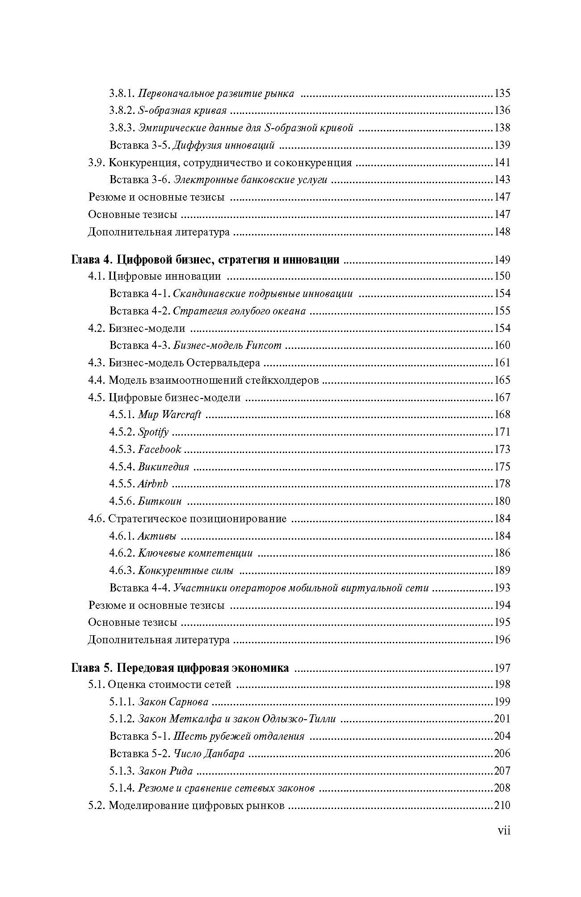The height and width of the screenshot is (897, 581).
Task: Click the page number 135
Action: pos(502,93)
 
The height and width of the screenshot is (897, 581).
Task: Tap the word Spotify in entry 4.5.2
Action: pos(153,432)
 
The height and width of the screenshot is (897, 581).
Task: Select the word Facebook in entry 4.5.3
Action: pos(160,449)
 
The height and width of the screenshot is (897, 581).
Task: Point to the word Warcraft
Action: pos(181,415)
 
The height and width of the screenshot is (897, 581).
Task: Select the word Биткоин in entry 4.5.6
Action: pos(160,501)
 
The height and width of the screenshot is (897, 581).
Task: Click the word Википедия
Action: pos(164,467)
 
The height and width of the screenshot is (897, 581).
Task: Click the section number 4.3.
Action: pos(97,363)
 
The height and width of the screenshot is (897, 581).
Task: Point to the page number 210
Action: pos(502,806)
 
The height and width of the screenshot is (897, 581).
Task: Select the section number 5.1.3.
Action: pos(122,771)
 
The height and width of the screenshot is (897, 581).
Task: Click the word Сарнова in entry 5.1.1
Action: pos(189,702)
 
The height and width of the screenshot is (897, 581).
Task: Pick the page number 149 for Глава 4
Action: pos(502,260)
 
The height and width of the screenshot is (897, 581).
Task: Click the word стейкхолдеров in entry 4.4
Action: pos(282,380)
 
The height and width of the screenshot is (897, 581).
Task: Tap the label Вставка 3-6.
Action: pos(140,180)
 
